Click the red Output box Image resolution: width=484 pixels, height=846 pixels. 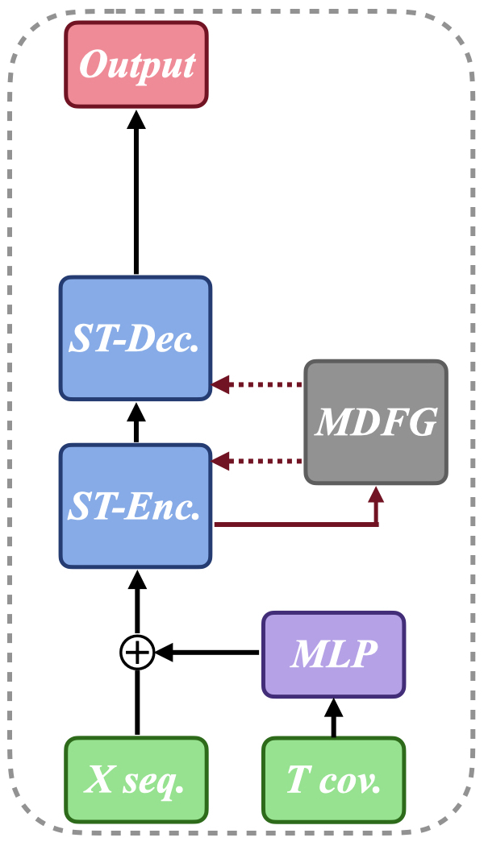click(136, 64)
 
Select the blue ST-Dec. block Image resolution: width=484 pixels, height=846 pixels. click(136, 338)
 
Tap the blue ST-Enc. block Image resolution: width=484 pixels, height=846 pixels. click(136, 505)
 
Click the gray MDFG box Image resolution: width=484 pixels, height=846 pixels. click(376, 422)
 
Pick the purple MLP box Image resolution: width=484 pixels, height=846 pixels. click(334, 654)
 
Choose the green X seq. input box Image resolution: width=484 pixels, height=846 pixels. click(136, 780)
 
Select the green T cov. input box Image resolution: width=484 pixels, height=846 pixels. click(334, 780)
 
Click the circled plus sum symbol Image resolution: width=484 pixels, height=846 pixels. click(136, 653)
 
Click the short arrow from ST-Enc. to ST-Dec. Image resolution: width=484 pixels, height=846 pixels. click(136, 422)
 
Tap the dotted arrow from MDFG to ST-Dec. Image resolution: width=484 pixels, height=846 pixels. click(258, 385)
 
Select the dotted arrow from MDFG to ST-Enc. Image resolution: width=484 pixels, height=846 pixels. click(258, 462)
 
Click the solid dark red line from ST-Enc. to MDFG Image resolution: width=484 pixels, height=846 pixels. click(298, 525)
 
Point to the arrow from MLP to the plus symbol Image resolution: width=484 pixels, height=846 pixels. click(210, 653)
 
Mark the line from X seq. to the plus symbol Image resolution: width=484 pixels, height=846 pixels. click(136, 701)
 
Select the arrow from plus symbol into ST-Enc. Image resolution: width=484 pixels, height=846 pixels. click(136, 604)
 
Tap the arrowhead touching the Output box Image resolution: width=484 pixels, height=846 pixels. click(136, 118)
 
